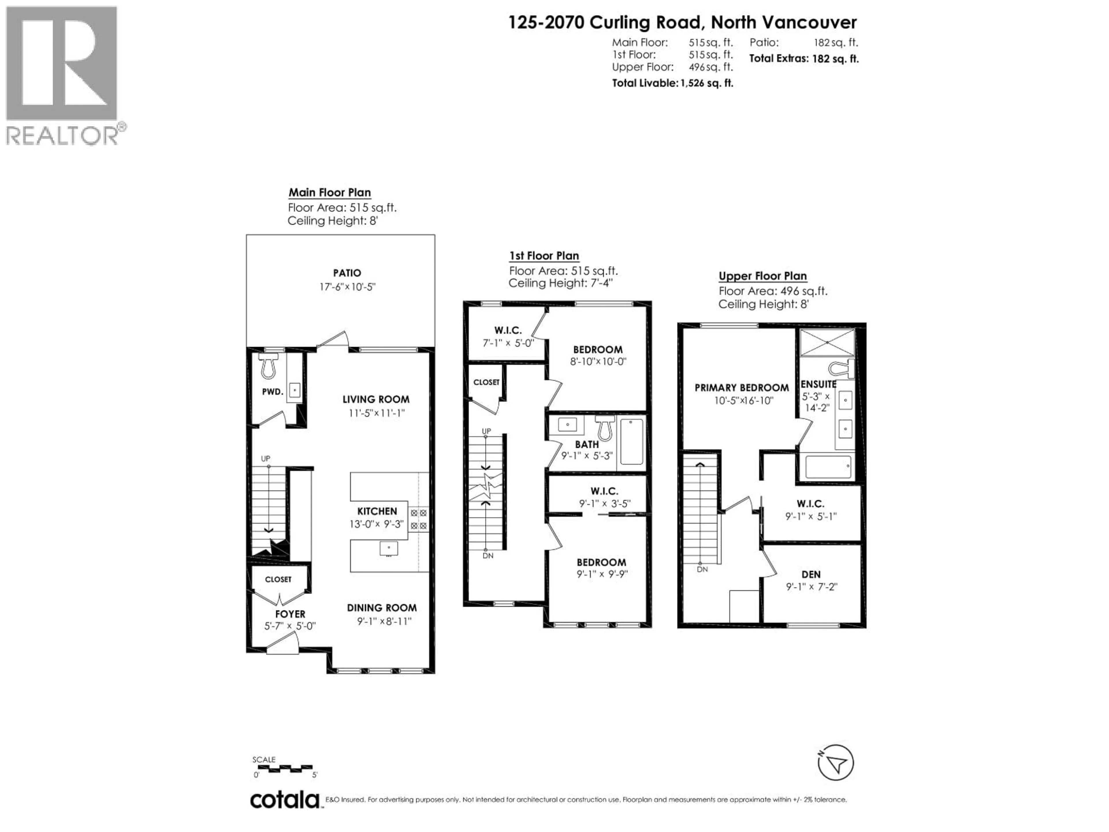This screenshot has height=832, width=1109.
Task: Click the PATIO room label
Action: click(x=347, y=273)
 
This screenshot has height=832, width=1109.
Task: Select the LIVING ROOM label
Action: click(x=376, y=399)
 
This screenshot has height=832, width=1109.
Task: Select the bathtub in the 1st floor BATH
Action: click(x=632, y=442)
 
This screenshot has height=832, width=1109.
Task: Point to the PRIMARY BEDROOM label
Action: click(x=742, y=388)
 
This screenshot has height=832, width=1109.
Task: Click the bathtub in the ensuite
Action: click(x=828, y=467)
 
